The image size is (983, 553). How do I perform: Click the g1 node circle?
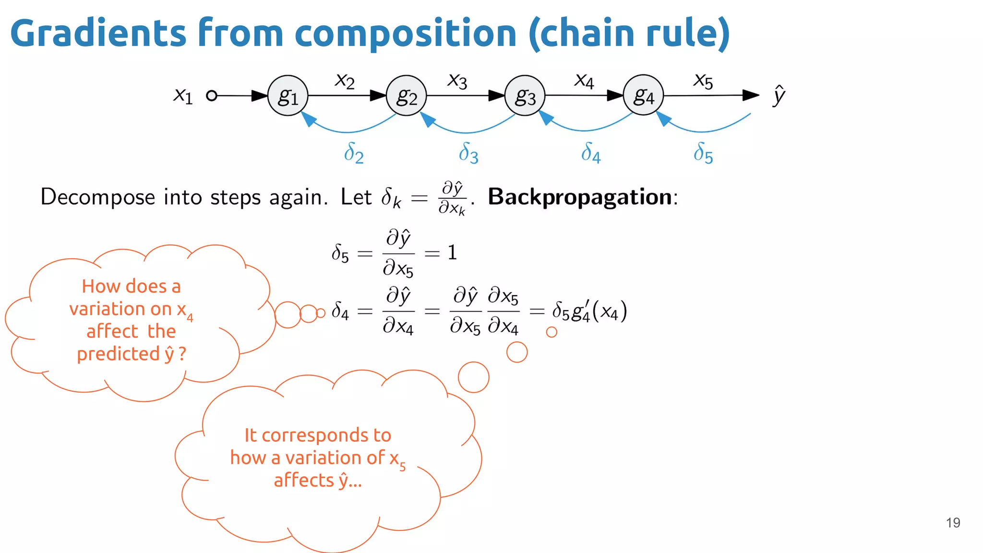coord(288,96)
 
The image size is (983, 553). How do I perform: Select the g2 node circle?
coord(406,96)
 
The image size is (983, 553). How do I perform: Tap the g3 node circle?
coord(525,96)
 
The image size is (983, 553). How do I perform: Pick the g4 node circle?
coord(643,95)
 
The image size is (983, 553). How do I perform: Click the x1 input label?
coord(183,96)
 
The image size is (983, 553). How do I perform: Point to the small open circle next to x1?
coord(211,96)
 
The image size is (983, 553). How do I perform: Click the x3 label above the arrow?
coord(457,81)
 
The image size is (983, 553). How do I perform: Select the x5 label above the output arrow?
coord(703,81)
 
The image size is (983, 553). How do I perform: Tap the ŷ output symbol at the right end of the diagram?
coord(779,95)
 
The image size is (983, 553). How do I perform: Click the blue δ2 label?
coord(354,153)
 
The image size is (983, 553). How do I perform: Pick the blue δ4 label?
coord(590,153)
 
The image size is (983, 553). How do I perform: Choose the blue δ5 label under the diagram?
coord(703,153)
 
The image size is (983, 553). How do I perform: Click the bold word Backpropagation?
coord(580,197)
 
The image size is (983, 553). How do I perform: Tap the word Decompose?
coord(98,197)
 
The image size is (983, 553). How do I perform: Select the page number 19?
coord(953,522)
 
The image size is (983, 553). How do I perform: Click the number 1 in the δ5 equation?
coord(452,252)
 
